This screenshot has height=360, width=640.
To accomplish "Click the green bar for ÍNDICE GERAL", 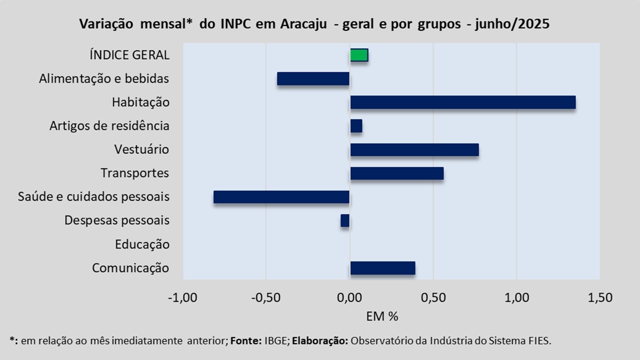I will [x=359, y=55].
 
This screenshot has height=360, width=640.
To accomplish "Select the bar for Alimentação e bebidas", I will [x=313, y=78].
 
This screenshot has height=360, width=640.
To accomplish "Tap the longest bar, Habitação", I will [x=462, y=102].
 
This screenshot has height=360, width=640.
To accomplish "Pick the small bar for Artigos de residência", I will [x=356, y=126].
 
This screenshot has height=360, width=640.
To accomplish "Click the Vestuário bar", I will [x=414, y=149].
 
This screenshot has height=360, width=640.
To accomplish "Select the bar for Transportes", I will [x=396, y=173].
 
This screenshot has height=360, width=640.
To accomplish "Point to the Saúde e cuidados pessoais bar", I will [x=281, y=197].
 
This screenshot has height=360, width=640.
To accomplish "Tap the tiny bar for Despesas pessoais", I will [x=345, y=220].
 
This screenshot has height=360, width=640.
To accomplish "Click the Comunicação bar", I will [x=382, y=268].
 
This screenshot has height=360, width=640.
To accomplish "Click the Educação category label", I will [x=142, y=244].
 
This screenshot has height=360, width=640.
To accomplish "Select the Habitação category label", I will [x=140, y=102].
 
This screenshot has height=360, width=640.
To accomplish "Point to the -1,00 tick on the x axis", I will [x=182, y=298].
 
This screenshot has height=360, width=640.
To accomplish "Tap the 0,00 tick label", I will [x=349, y=298].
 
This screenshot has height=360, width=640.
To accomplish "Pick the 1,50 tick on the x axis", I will [x=600, y=298].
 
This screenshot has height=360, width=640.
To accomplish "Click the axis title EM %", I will [x=382, y=316].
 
